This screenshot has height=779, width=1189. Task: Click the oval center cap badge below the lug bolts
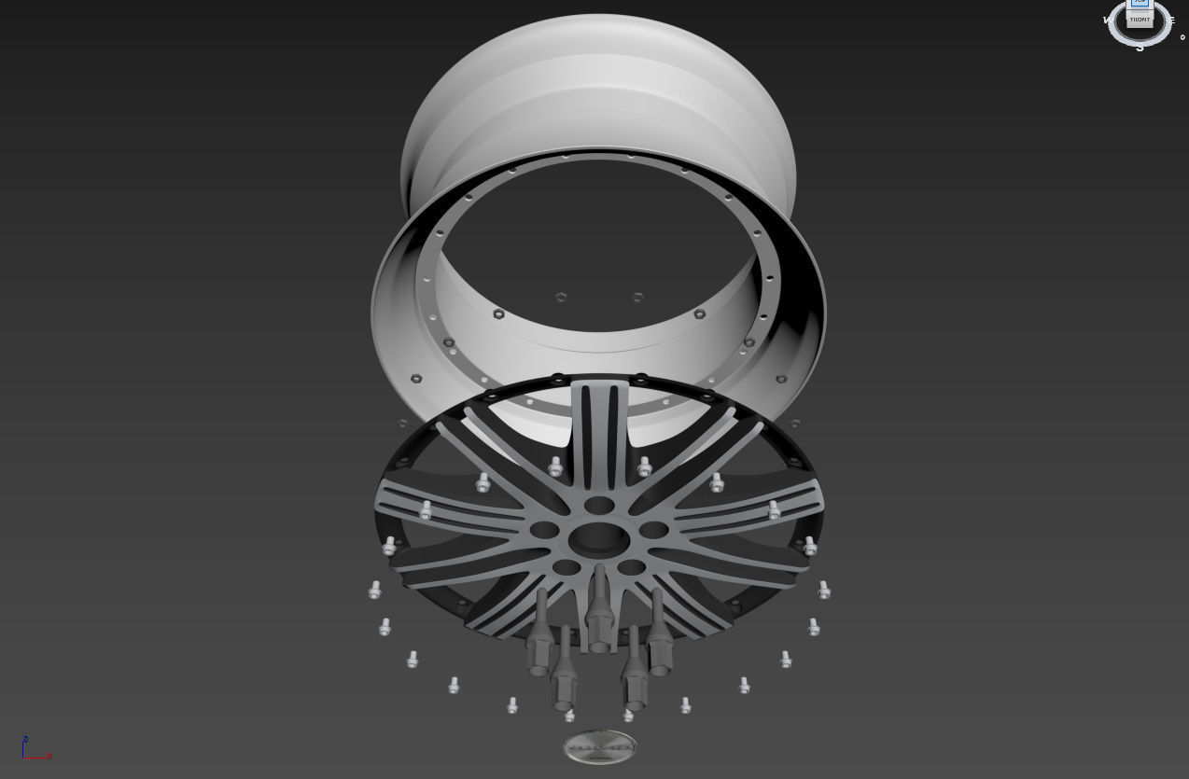click(600, 746)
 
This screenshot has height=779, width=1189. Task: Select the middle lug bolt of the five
click(598, 611)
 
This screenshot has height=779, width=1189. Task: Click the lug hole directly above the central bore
click(597, 505)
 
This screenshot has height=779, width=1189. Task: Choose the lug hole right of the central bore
click(653, 530)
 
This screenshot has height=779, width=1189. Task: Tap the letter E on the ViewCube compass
click(1172, 20)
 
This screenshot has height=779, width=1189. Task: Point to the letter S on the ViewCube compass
click(1140, 47)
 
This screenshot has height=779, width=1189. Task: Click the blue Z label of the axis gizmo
click(25, 738)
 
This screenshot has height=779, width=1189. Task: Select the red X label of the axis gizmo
click(49, 756)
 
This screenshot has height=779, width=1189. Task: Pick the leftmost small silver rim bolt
click(375, 590)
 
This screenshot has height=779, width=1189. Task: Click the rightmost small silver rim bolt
click(824, 590)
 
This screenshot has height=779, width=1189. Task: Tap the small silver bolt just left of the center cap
click(569, 715)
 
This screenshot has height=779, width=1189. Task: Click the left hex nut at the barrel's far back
click(561, 298)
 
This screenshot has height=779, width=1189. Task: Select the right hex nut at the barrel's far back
click(638, 298)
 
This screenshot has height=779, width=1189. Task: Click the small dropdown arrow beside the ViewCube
click(1182, 38)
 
